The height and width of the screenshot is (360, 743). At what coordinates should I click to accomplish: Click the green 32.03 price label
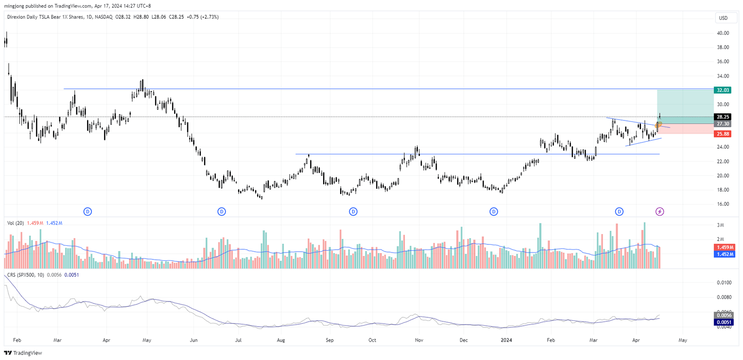(723, 90)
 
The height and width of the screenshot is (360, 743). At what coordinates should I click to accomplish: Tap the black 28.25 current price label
(723, 117)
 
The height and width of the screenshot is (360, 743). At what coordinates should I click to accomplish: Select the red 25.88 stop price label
(723, 134)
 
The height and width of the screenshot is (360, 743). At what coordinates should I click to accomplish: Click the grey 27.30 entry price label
(723, 124)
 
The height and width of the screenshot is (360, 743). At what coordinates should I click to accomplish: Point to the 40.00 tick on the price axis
(723, 33)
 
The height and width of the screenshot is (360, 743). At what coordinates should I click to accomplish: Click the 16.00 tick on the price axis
(723, 204)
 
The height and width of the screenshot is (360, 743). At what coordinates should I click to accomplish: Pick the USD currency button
(724, 18)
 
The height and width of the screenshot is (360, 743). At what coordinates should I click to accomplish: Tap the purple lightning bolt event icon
(660, 211)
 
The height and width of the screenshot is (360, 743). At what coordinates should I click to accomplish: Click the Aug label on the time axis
(281, 340)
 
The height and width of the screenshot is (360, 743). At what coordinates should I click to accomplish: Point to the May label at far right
(683, 340)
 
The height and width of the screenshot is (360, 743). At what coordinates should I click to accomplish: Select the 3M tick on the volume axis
(720, 225)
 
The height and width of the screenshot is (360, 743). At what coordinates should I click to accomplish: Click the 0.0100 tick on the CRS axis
(724, 282)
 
